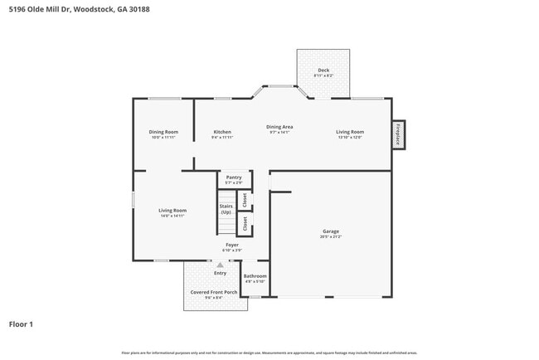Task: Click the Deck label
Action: (x=323, y=70)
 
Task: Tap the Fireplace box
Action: (x=398, y=134)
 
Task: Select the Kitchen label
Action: (x=222, y=132)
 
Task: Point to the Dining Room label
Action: (x=163, y=132)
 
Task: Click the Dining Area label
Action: (x=279, y=127)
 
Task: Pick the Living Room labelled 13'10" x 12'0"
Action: (x=349, y=132)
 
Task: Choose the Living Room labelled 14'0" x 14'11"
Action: (x=172, y=210)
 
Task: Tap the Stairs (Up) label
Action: (x=226, y=209)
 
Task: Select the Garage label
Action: (x=331, y=231)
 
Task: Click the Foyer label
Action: (x=232, y=245)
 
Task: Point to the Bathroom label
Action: (x=255, y=275)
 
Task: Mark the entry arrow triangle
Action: (x=220, y=265)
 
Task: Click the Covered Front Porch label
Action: (x=214, y=292)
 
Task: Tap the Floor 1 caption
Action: (x=21, y=324)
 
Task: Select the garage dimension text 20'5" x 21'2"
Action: (x=331, y=236)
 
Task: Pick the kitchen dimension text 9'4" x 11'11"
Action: (x=222, y=137)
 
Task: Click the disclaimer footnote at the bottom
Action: (x=269, y=353)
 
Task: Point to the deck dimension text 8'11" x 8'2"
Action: (x=323, y=75)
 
